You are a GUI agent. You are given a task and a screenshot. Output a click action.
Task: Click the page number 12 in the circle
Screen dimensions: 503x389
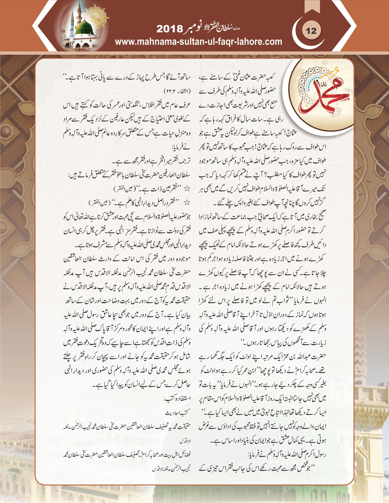click(x=311, y=31)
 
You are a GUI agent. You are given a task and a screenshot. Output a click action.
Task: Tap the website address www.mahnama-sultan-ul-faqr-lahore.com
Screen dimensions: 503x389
click(x=198, y=42)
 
